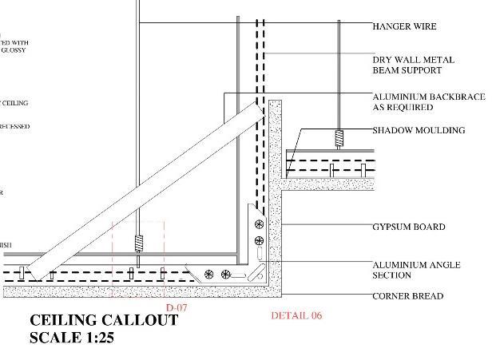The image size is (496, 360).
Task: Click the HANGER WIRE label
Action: [x=405, y=26]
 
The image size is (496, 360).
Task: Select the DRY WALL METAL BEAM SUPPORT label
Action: [x=413, y=65]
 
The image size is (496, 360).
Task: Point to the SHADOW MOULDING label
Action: [x=419, y=130]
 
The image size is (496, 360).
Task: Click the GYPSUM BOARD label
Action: [x=408, y=227]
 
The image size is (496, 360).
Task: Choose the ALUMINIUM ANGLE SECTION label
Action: [x=416, y=270]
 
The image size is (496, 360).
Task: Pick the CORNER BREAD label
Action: [x=408, y=296]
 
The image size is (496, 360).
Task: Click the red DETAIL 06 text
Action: [x=296, y=316]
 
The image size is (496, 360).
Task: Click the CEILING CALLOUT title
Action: [x=103, y=321]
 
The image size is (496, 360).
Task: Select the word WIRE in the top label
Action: [x=425, y=26]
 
